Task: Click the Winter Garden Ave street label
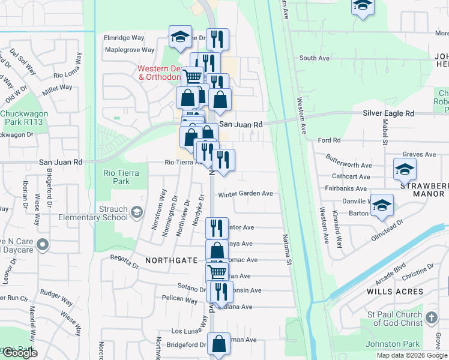coord(246,194)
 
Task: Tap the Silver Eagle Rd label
coord(388,113)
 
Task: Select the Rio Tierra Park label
coord(121,177)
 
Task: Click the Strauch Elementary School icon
coord(137,211)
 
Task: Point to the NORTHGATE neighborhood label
coord(171,260)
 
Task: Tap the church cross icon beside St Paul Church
coord(431,317)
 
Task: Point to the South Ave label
coord(315,58)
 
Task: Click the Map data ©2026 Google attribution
coord(412,355)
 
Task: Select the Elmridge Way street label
coord(124,37)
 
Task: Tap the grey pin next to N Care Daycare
coord(42,245)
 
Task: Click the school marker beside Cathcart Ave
coord(405,169)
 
